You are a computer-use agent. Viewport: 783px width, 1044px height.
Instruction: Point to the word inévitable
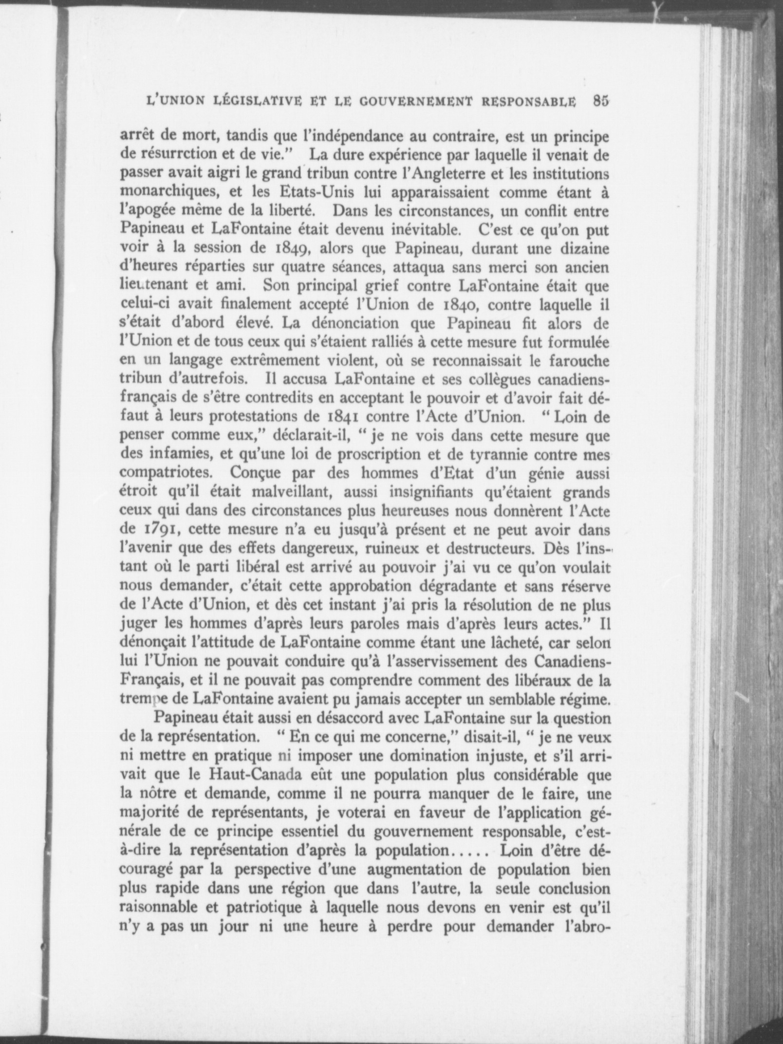tap(431, 230)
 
